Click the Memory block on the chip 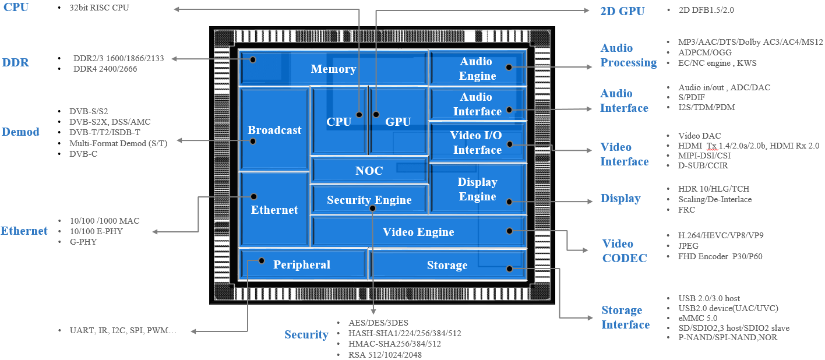tap(333, 69)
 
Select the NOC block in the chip tap(369, 171)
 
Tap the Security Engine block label tap(369, 199)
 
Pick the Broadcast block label tap(274, 130)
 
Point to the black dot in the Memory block tap(253, 59)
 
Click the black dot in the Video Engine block tap(509, 231)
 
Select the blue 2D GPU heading tap(622, 11)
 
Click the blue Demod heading tap(20, 132)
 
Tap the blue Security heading tap(306, 334)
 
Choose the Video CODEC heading tap(625, 250)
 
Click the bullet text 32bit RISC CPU tap(99, 8)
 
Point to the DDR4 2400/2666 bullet tap(105, 69)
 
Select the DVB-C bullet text tap(83, 154)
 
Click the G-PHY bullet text tap(83, 242)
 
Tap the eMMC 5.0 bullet tap(697, 318)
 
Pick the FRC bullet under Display tap(686, 210)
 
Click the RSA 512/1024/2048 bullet tap(385, 355)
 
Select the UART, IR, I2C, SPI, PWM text tap(123, 330)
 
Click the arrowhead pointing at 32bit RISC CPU tap(177, 9)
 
